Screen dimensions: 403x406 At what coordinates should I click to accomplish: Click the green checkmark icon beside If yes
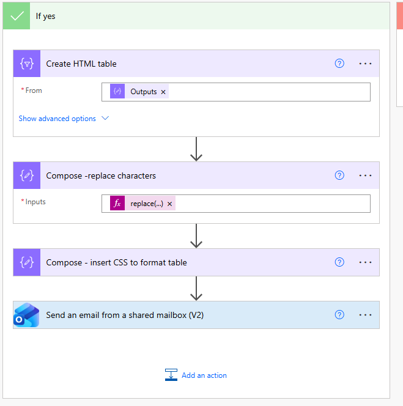tap(17, 16)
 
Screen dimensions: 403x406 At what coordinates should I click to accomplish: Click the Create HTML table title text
tap(81, 64)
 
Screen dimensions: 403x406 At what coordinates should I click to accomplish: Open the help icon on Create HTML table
tap(339, 64)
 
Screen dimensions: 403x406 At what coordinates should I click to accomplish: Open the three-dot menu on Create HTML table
tap(365, 64)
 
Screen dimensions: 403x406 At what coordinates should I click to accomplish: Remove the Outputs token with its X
tap(163, 92)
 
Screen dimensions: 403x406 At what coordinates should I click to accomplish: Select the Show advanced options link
tap(57, 119)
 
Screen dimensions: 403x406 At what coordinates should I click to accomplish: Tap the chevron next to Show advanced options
tap(105, 119)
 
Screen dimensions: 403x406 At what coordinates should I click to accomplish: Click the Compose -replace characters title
tap(101, 176)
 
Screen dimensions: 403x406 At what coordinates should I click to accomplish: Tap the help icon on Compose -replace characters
tap(339, 175)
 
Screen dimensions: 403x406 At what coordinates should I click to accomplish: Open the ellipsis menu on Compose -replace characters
tap(365, 175)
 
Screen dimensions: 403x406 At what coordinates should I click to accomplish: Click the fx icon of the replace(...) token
tap(117, 203)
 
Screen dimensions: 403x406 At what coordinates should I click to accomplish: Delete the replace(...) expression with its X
tap(169, 204)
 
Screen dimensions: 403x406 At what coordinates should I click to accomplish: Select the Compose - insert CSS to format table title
tap(116, 262)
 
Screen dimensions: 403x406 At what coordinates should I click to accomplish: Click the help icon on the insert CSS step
tap(339, 262)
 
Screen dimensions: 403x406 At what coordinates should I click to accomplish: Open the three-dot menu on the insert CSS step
tap(365, 262)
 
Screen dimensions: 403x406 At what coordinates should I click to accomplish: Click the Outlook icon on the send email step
tap(26, 315)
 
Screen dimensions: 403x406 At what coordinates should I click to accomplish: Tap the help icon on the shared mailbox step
tap(339, 315)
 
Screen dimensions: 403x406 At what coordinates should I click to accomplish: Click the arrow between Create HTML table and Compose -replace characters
tap(196, 149)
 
